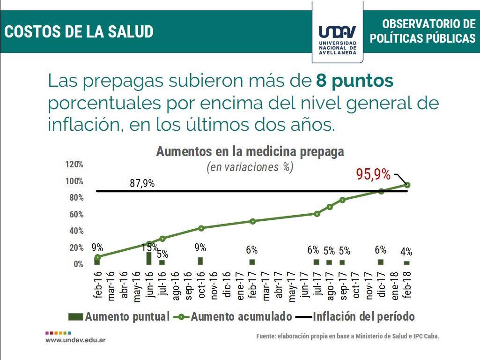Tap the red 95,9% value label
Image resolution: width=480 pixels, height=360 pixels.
[373, 174]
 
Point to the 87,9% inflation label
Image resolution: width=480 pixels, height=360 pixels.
[142, 184]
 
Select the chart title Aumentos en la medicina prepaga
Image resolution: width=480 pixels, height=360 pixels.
[250, 152]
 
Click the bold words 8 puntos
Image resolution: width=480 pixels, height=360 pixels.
[354, 81]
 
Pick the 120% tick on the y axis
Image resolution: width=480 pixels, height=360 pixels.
[74, 165]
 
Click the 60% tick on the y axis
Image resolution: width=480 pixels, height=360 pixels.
[76, 215]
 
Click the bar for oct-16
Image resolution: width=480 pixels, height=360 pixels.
[200, 261]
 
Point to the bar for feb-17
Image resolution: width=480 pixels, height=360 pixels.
[252, 262]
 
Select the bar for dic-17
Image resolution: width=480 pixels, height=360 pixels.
[381, 262]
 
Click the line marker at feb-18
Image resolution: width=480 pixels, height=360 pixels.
[407, 185]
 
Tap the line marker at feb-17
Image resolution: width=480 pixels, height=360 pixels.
[252, 221]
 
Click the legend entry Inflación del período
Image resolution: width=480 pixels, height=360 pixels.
[363, 316]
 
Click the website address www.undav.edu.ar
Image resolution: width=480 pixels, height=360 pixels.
[75, 339]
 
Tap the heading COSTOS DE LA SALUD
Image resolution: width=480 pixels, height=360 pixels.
[79, 32]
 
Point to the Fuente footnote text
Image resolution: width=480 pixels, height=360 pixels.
[347, 336]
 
